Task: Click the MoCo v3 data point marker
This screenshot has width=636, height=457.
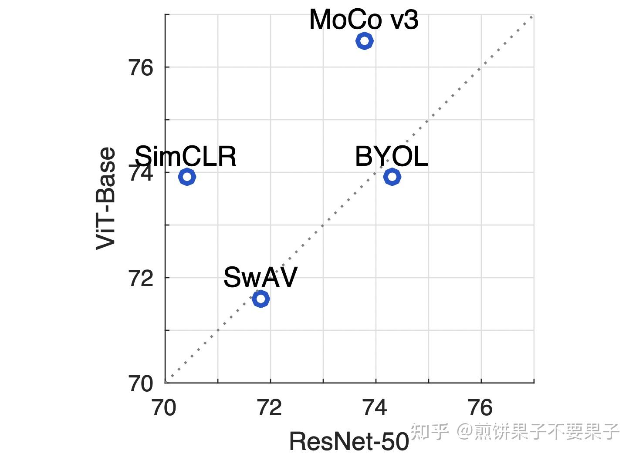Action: [x=364, y=41]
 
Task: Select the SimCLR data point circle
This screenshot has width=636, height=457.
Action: [x=187, y=177]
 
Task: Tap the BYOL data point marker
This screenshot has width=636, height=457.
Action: [x=392, y=177]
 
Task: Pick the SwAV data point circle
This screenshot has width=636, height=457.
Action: [x=260, y=299]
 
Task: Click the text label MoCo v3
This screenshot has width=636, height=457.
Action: [x=364, y=20]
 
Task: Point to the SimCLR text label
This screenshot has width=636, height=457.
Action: [x=186, y=156]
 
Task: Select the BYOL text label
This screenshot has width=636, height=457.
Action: [x=391, y=156]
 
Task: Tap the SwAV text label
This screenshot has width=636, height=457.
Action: [x=260, y=277]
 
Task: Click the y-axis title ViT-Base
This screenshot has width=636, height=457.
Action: [x=106, y=198]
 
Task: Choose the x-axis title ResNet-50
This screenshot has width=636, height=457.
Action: [x=349, y=441]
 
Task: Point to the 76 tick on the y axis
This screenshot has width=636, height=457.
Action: [x=141, y=68]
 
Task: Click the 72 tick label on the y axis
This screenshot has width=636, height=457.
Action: [x=141, y=278]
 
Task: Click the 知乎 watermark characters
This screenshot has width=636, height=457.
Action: [x=430, y=431]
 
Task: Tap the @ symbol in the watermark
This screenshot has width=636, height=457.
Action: [x=465, y=431]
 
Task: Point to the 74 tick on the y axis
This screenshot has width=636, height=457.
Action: [x=141, y=173]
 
